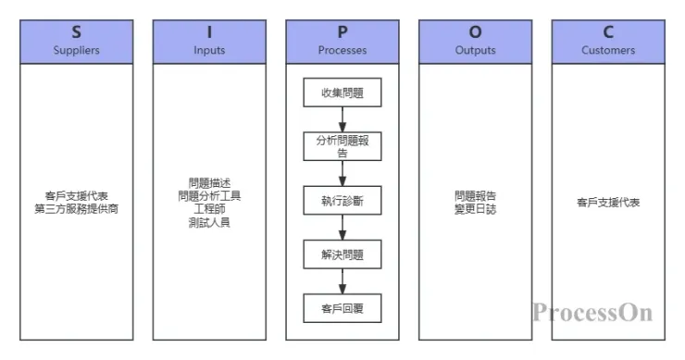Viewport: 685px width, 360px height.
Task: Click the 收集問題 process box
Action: pos(342,93)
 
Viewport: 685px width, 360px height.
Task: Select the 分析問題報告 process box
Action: pos(342,146)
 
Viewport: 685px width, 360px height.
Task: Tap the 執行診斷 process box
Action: pos(342,201)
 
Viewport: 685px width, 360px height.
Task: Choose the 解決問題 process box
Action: pos(342,254)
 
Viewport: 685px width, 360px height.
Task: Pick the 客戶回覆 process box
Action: pos(342,307)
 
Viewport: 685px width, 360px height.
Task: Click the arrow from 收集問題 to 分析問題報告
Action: pos(342,119)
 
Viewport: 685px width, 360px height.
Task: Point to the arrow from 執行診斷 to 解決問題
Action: pos(342,228)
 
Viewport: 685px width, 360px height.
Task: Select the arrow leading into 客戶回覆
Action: pos(342,281)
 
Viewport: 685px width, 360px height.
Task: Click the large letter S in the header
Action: pos(76,32)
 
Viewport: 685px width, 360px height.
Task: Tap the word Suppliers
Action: pos(76,50)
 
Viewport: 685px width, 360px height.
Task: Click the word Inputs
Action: pos(209,50)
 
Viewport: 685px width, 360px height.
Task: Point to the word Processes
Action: pos(342,50)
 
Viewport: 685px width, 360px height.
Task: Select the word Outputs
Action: pos(475,50)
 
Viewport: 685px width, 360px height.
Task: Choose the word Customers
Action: pos(608,50)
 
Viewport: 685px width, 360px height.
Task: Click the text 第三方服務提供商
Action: pos(76,209)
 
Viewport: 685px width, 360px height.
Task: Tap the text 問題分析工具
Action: pos(209,196)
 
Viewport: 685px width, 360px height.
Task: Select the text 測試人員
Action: pos(209,222)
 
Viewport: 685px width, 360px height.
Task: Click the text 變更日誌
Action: pos(475,209)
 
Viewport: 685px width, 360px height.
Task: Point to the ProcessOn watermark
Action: pos(592,312)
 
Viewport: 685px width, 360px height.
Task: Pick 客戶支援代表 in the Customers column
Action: pos(608,203)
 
